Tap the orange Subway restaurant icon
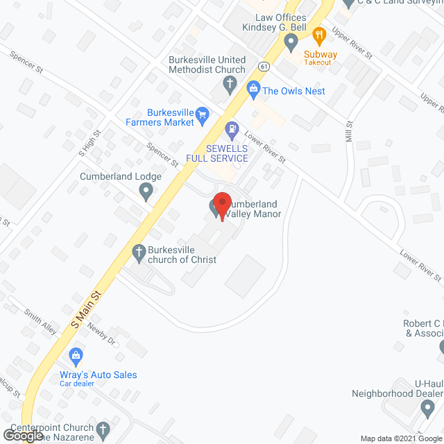coord(319,35)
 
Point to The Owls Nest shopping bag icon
coord(253,89)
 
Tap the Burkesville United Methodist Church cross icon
coord(230,85)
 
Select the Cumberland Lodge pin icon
coord(145,192)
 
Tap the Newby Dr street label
coord(100,335)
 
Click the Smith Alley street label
coord(40,321)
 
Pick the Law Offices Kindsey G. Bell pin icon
coord(291,42)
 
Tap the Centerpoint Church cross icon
coord(103,428)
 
